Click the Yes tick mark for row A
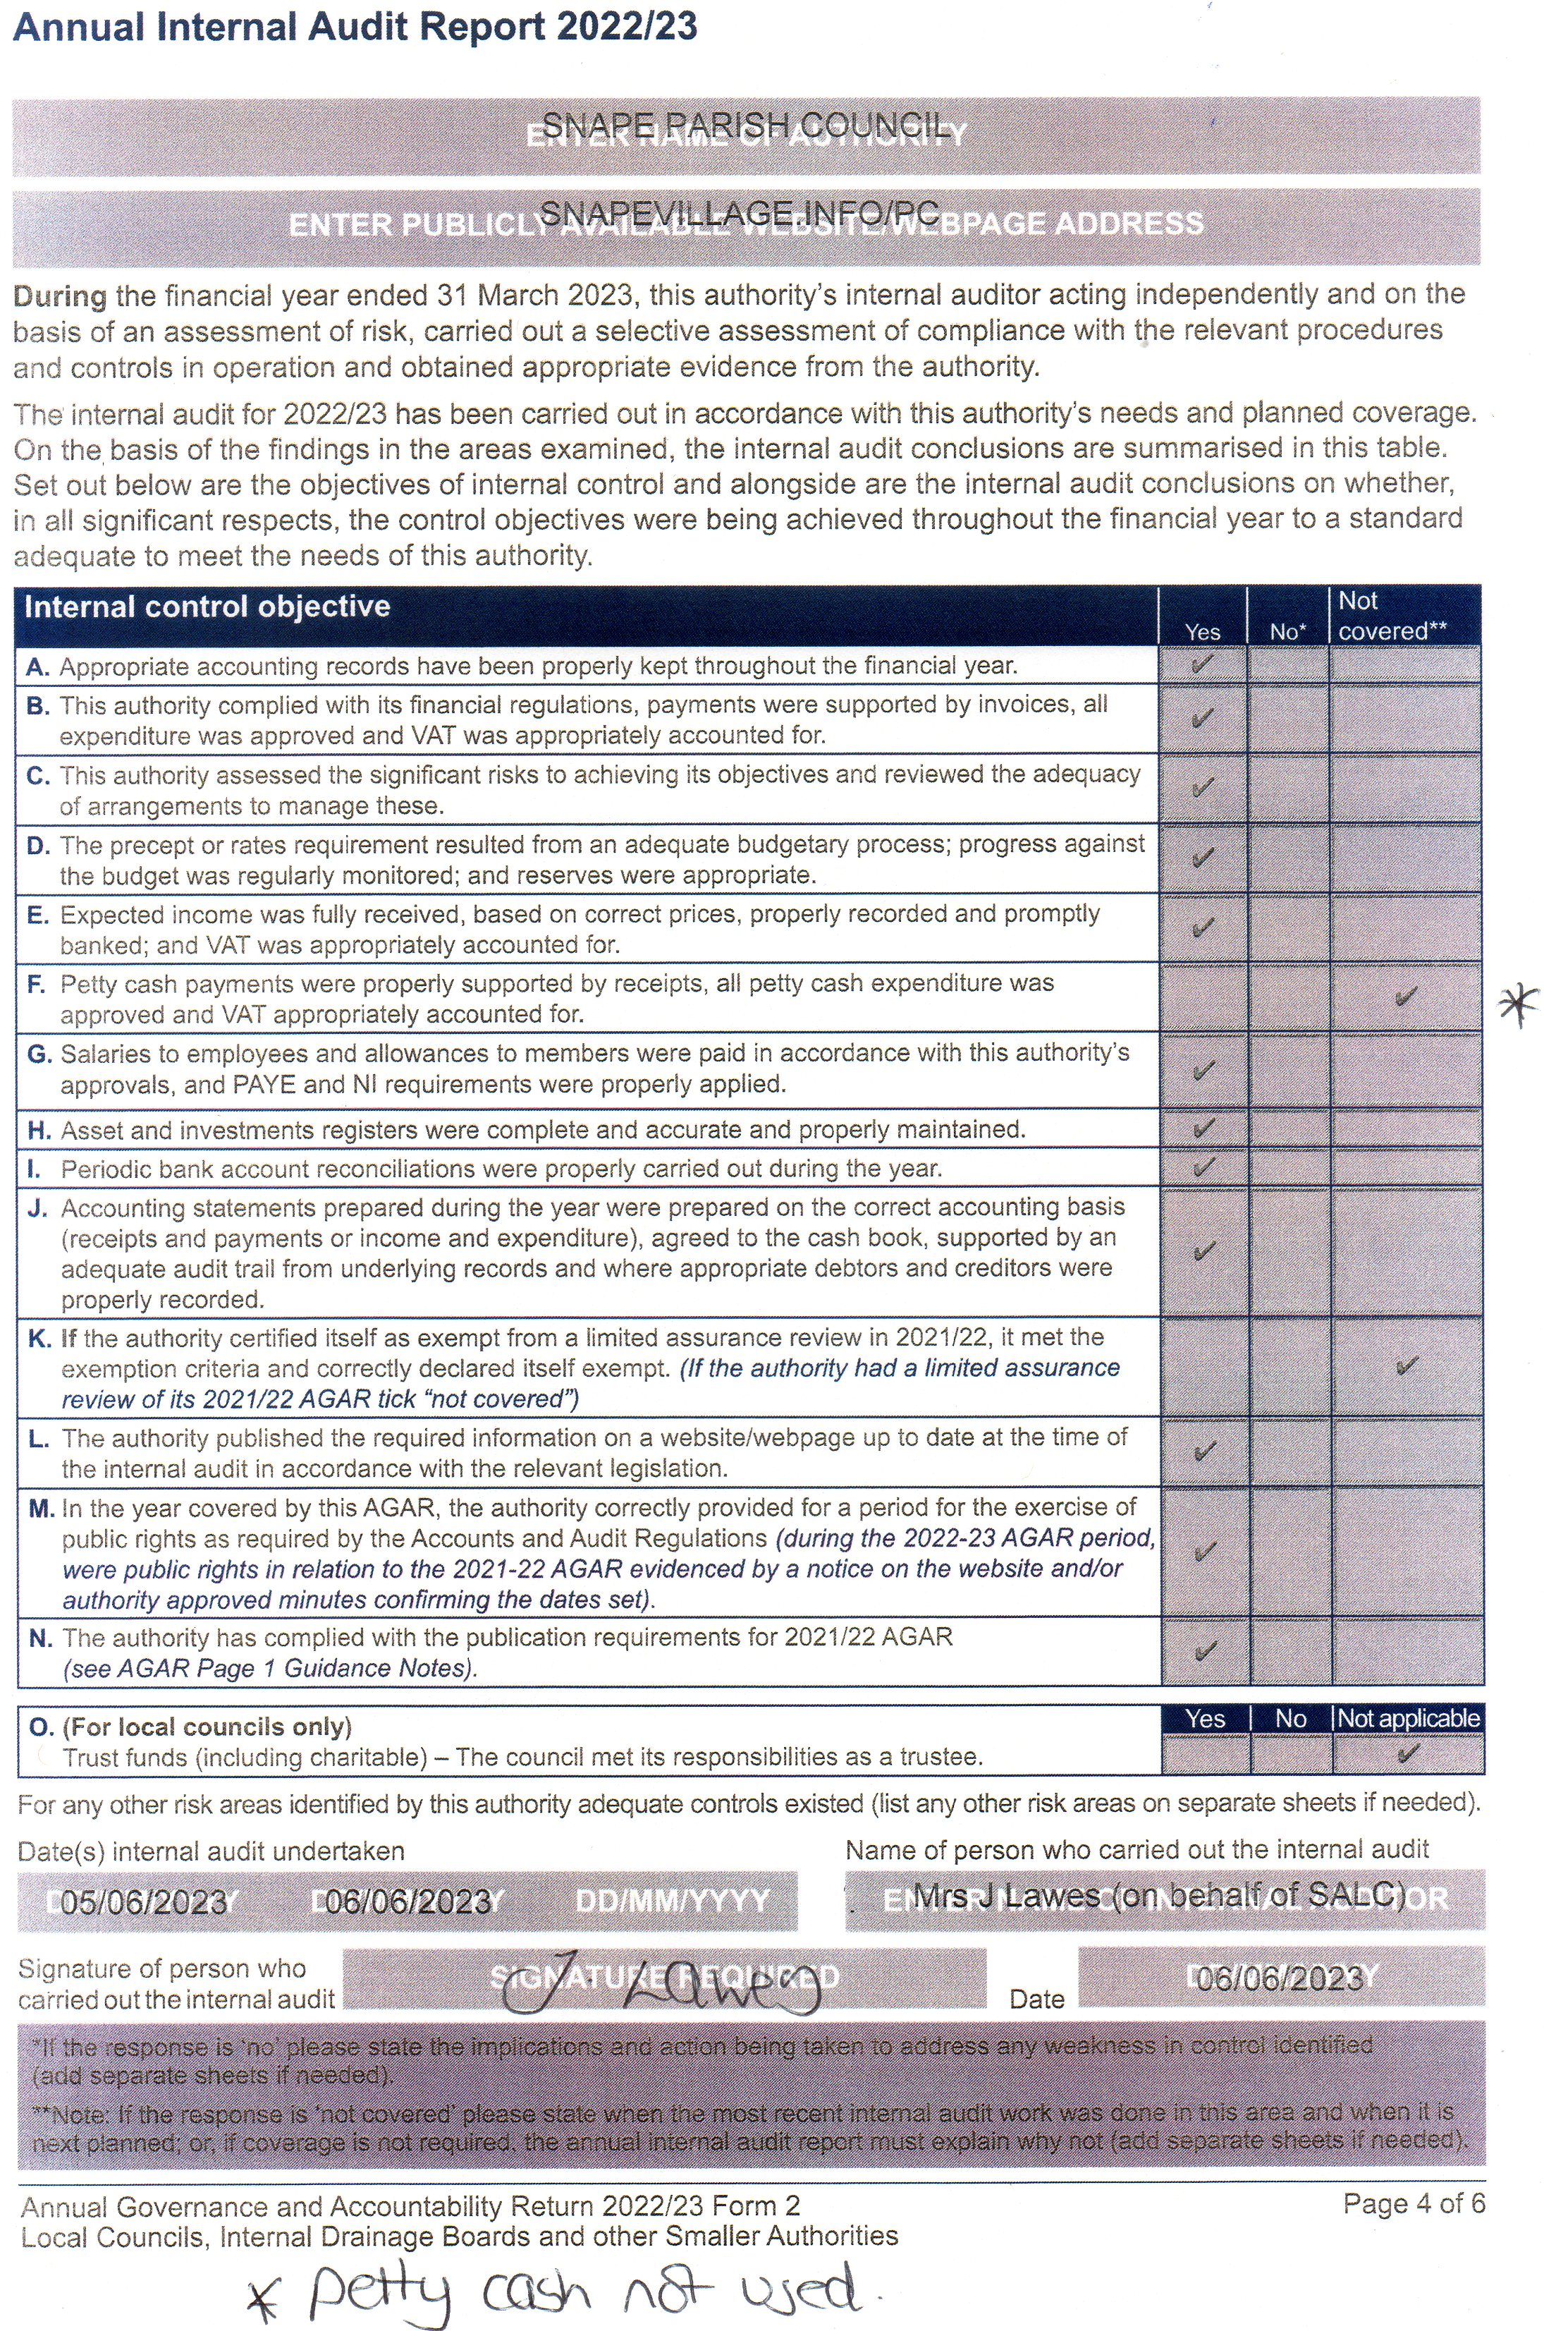(x=1201, y=664)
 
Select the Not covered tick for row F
(x=1405, y=997)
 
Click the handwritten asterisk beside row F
(x=1517, y=1004)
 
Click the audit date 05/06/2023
(x=144, y=1901)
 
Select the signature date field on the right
(x=1280, y=1978)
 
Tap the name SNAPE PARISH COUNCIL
(x=745, y=125)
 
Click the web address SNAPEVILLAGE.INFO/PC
(x=739, y=213)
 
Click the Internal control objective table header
(x=207, y=607)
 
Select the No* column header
(x=1287, y=631)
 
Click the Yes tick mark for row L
(x=1203, y=1451)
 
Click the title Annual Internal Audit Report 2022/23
(x=355, y=27)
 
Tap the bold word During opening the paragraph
(x=60, y=296)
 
